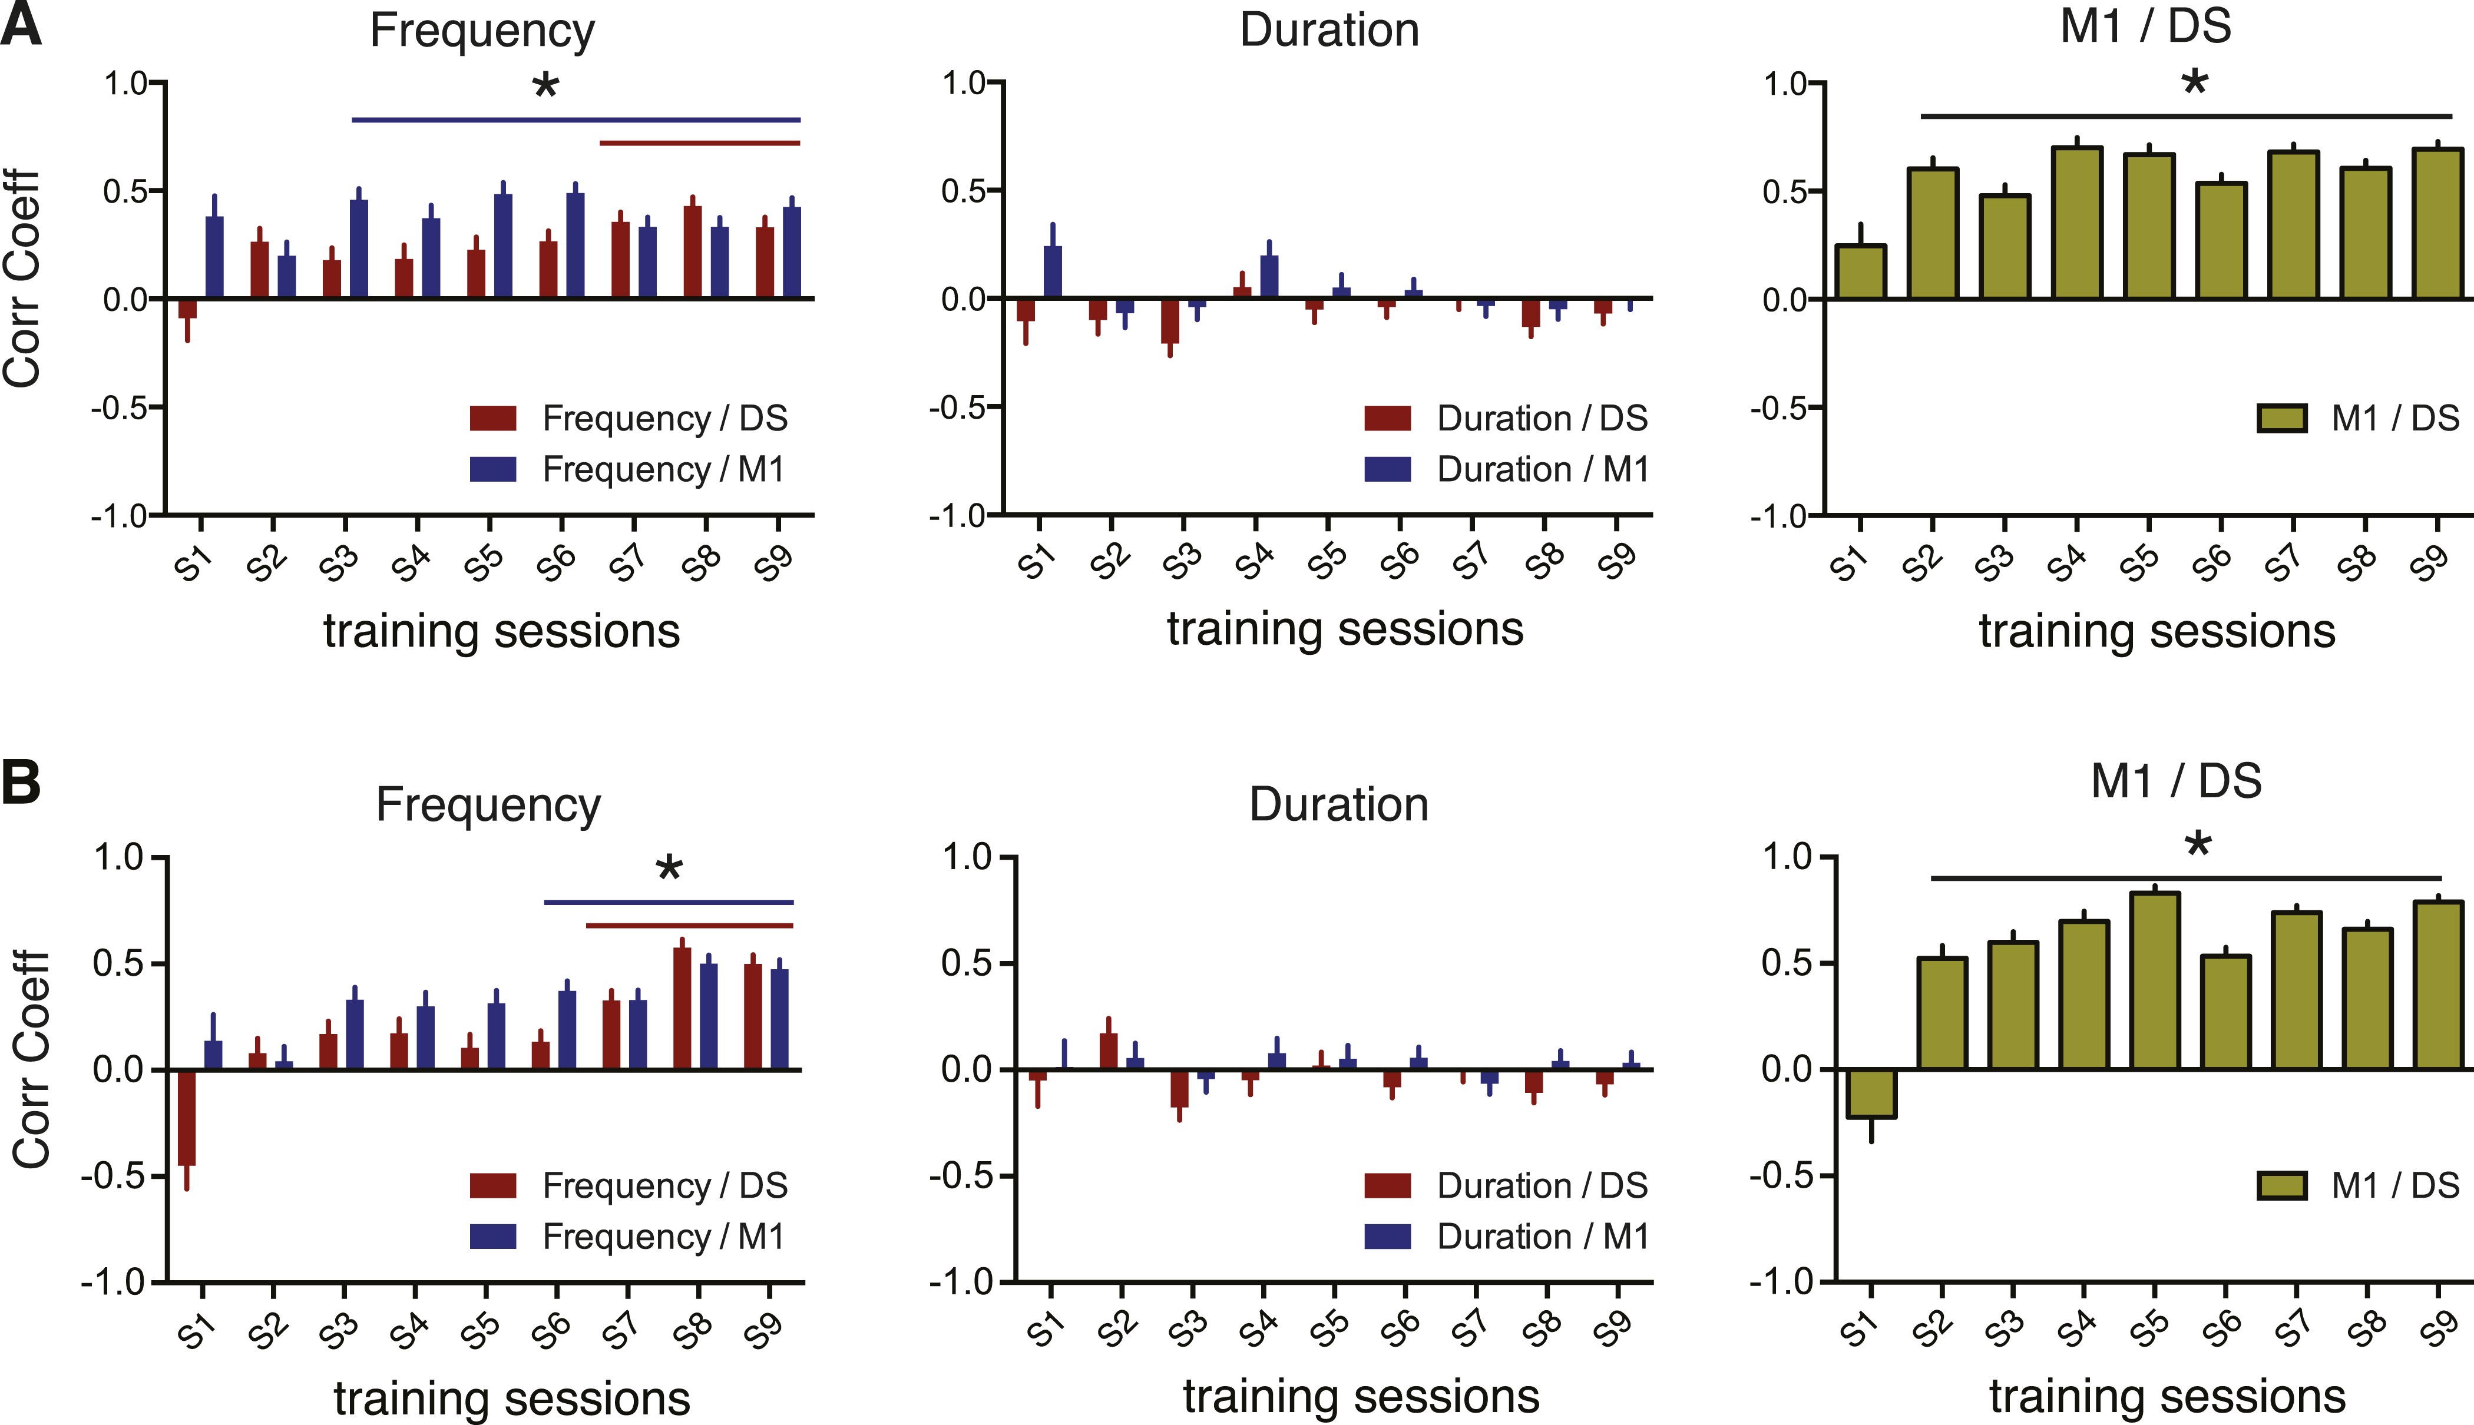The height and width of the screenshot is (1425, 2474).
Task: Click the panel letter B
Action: [22, 783]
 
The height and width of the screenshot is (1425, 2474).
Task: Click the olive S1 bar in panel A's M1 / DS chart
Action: [1860, 272]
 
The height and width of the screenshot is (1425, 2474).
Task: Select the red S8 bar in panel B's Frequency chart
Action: [682, 1008]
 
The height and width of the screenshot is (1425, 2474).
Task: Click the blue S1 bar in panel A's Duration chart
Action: [1053, 272]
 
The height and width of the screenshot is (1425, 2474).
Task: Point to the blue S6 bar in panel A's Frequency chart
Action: [575, 246]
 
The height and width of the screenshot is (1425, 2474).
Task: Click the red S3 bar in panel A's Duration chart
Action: [1170, 321]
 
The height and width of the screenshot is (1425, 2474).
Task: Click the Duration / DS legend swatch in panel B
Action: [1387, 1185]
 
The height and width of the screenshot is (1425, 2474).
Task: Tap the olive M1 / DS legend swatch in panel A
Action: [2282, 419]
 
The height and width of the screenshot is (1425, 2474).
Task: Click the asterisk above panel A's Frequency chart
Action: [545, 86]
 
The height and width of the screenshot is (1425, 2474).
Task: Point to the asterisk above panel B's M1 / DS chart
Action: [2198, 844]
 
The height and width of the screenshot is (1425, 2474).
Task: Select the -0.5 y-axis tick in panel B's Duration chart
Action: [968, 1175]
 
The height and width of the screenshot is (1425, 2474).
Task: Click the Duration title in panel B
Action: [1338, 804]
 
